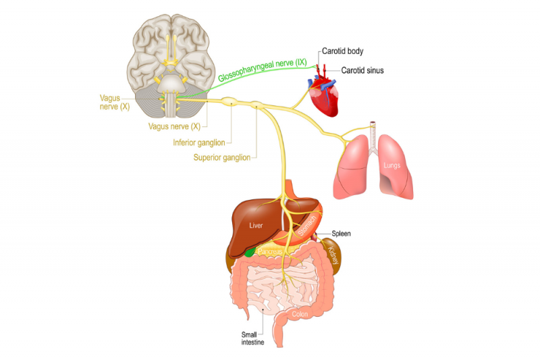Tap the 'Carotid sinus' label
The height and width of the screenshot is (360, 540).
coord(362,70)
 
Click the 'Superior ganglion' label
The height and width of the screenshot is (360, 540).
coord(221,157)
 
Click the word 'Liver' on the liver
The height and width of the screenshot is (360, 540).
coord(255,226)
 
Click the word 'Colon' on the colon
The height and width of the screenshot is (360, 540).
coord(299,314)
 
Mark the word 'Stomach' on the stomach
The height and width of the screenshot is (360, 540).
coord(308,224)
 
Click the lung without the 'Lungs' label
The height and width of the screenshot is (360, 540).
coord(352,169)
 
